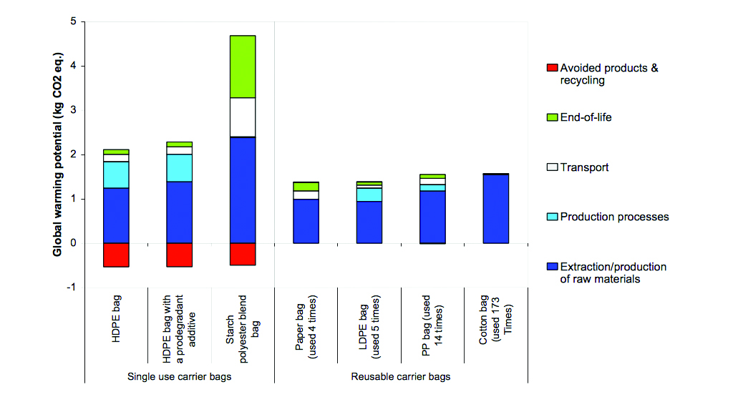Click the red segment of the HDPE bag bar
[116, 255]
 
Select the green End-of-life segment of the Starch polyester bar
[243, 67]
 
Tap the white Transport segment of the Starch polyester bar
[243, 117]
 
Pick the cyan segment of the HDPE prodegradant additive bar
[180, 167]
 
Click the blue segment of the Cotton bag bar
[495, 209]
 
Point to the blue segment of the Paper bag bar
[306, 222]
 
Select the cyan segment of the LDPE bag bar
[369, 195]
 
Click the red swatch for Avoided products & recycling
[552, 68]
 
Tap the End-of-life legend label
[586, 117]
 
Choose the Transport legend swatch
[552, 167]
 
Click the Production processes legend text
[614, 217]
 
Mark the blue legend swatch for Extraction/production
[552, 267]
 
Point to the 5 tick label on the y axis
[73, 21]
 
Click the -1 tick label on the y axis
[71, 288]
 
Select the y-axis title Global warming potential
[57, 154]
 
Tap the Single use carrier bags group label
[180, 376]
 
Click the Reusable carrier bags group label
[401, 376]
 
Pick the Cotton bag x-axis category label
[495, 320]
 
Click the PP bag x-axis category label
[432, 325]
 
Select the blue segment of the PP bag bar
[432, 217]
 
